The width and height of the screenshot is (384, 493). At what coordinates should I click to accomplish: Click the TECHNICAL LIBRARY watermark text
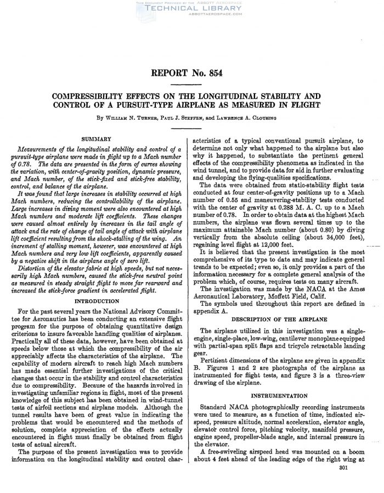[192, 9]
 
